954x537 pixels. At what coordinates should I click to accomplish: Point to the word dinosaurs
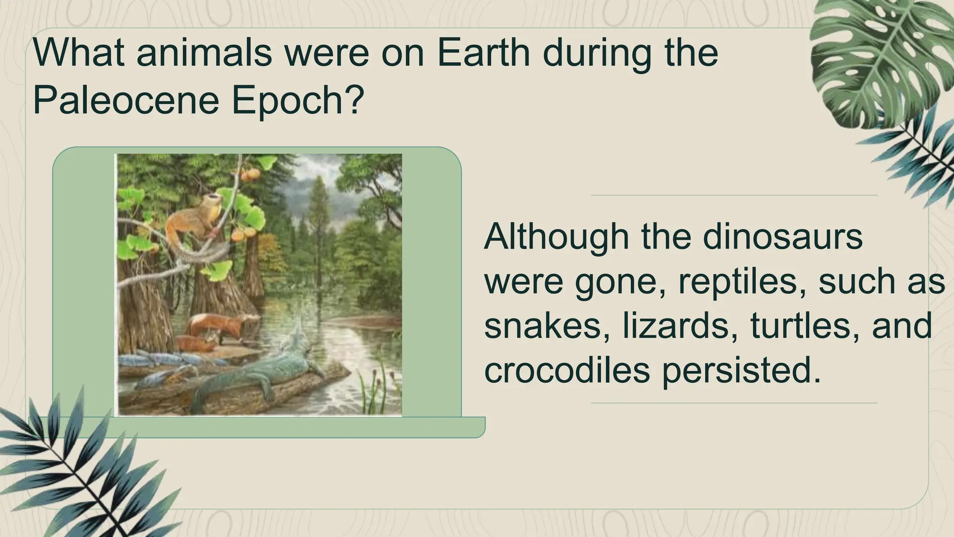point(783,237)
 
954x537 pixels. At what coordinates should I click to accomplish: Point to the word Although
point(557,237)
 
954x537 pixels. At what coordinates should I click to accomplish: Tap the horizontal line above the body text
point(734,195)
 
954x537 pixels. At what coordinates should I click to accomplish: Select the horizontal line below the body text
point(734,403)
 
